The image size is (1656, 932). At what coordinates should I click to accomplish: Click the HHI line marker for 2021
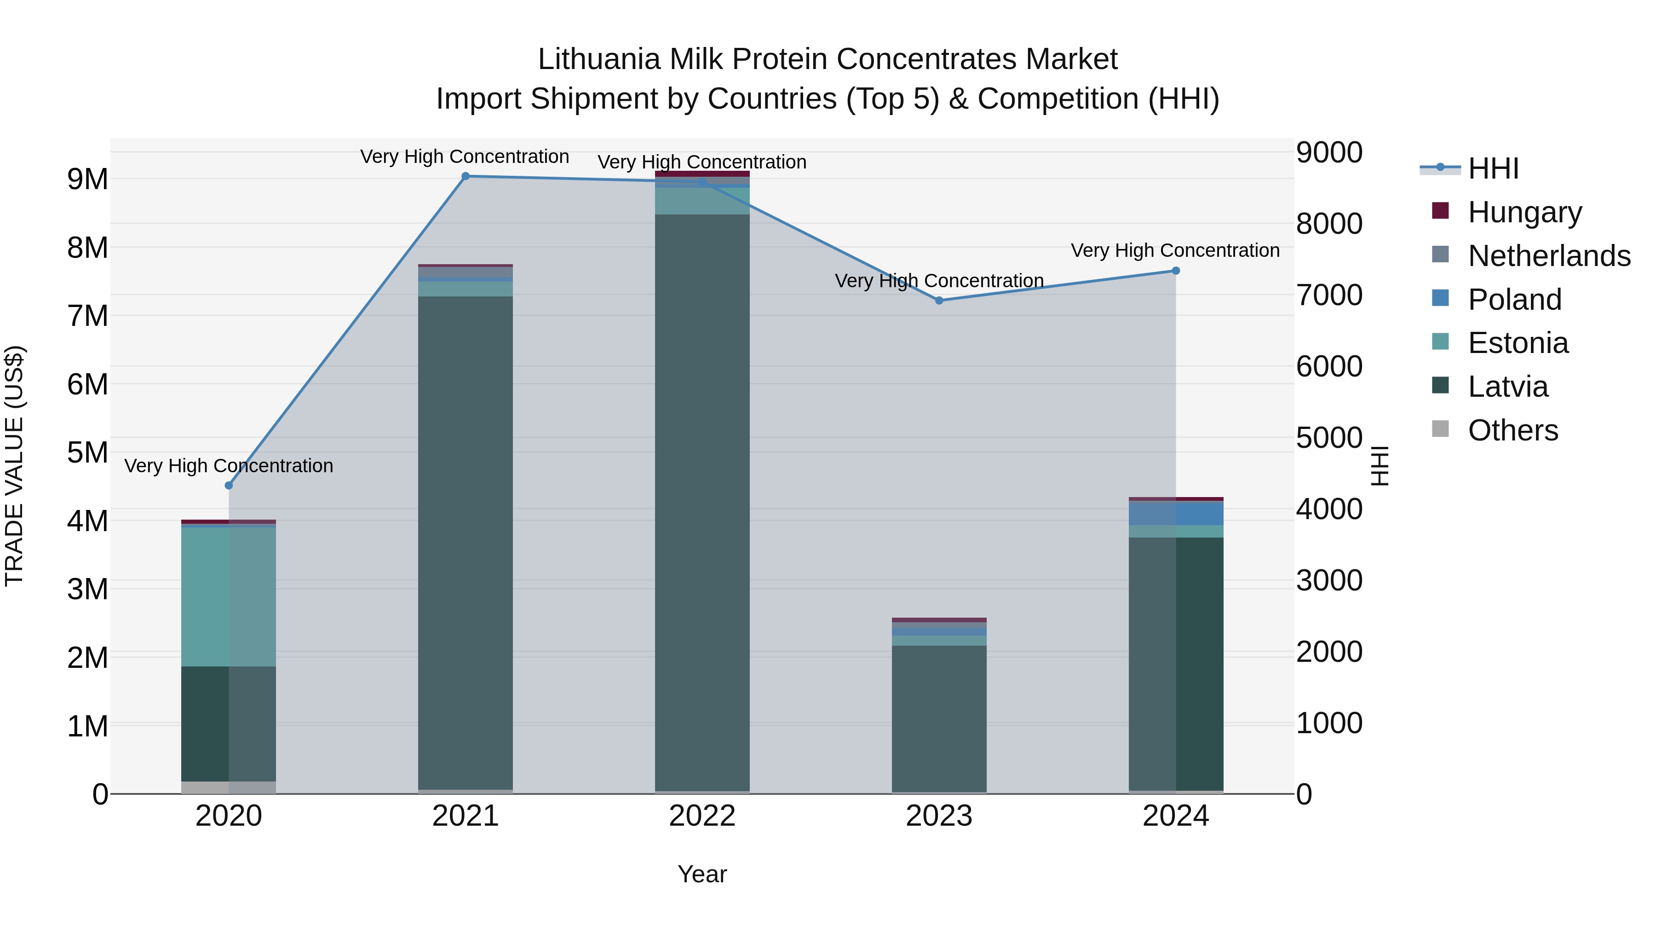[466, 176]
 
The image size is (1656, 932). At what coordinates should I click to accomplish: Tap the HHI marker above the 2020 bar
[229, 486]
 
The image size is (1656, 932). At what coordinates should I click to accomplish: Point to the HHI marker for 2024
[1176, 271]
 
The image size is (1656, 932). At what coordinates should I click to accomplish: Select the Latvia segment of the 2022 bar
[702, 502]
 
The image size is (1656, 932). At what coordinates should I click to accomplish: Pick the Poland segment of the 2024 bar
[1176, 513]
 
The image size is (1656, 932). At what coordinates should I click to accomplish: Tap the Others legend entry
[1512, 430]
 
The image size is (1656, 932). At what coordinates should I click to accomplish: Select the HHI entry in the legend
[1493, 168]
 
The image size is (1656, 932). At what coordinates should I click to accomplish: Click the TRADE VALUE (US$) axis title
[15, 466]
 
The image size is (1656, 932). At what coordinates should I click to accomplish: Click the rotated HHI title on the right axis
[1380, 466]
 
